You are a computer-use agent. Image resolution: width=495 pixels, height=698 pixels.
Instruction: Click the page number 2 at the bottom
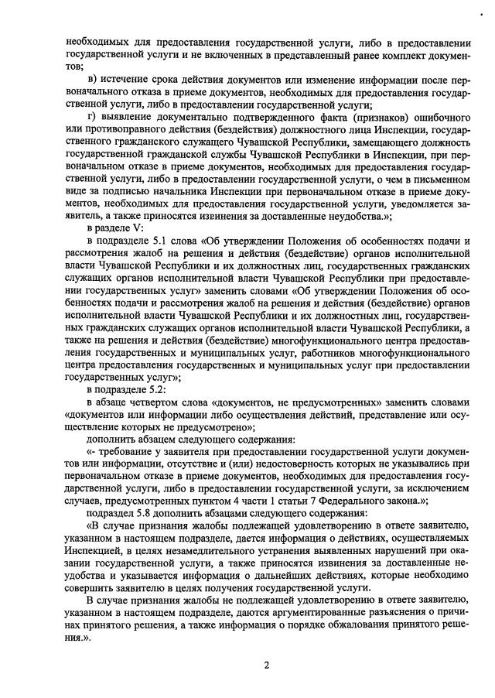265,664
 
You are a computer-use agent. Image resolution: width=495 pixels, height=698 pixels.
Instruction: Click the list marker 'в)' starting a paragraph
92,78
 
